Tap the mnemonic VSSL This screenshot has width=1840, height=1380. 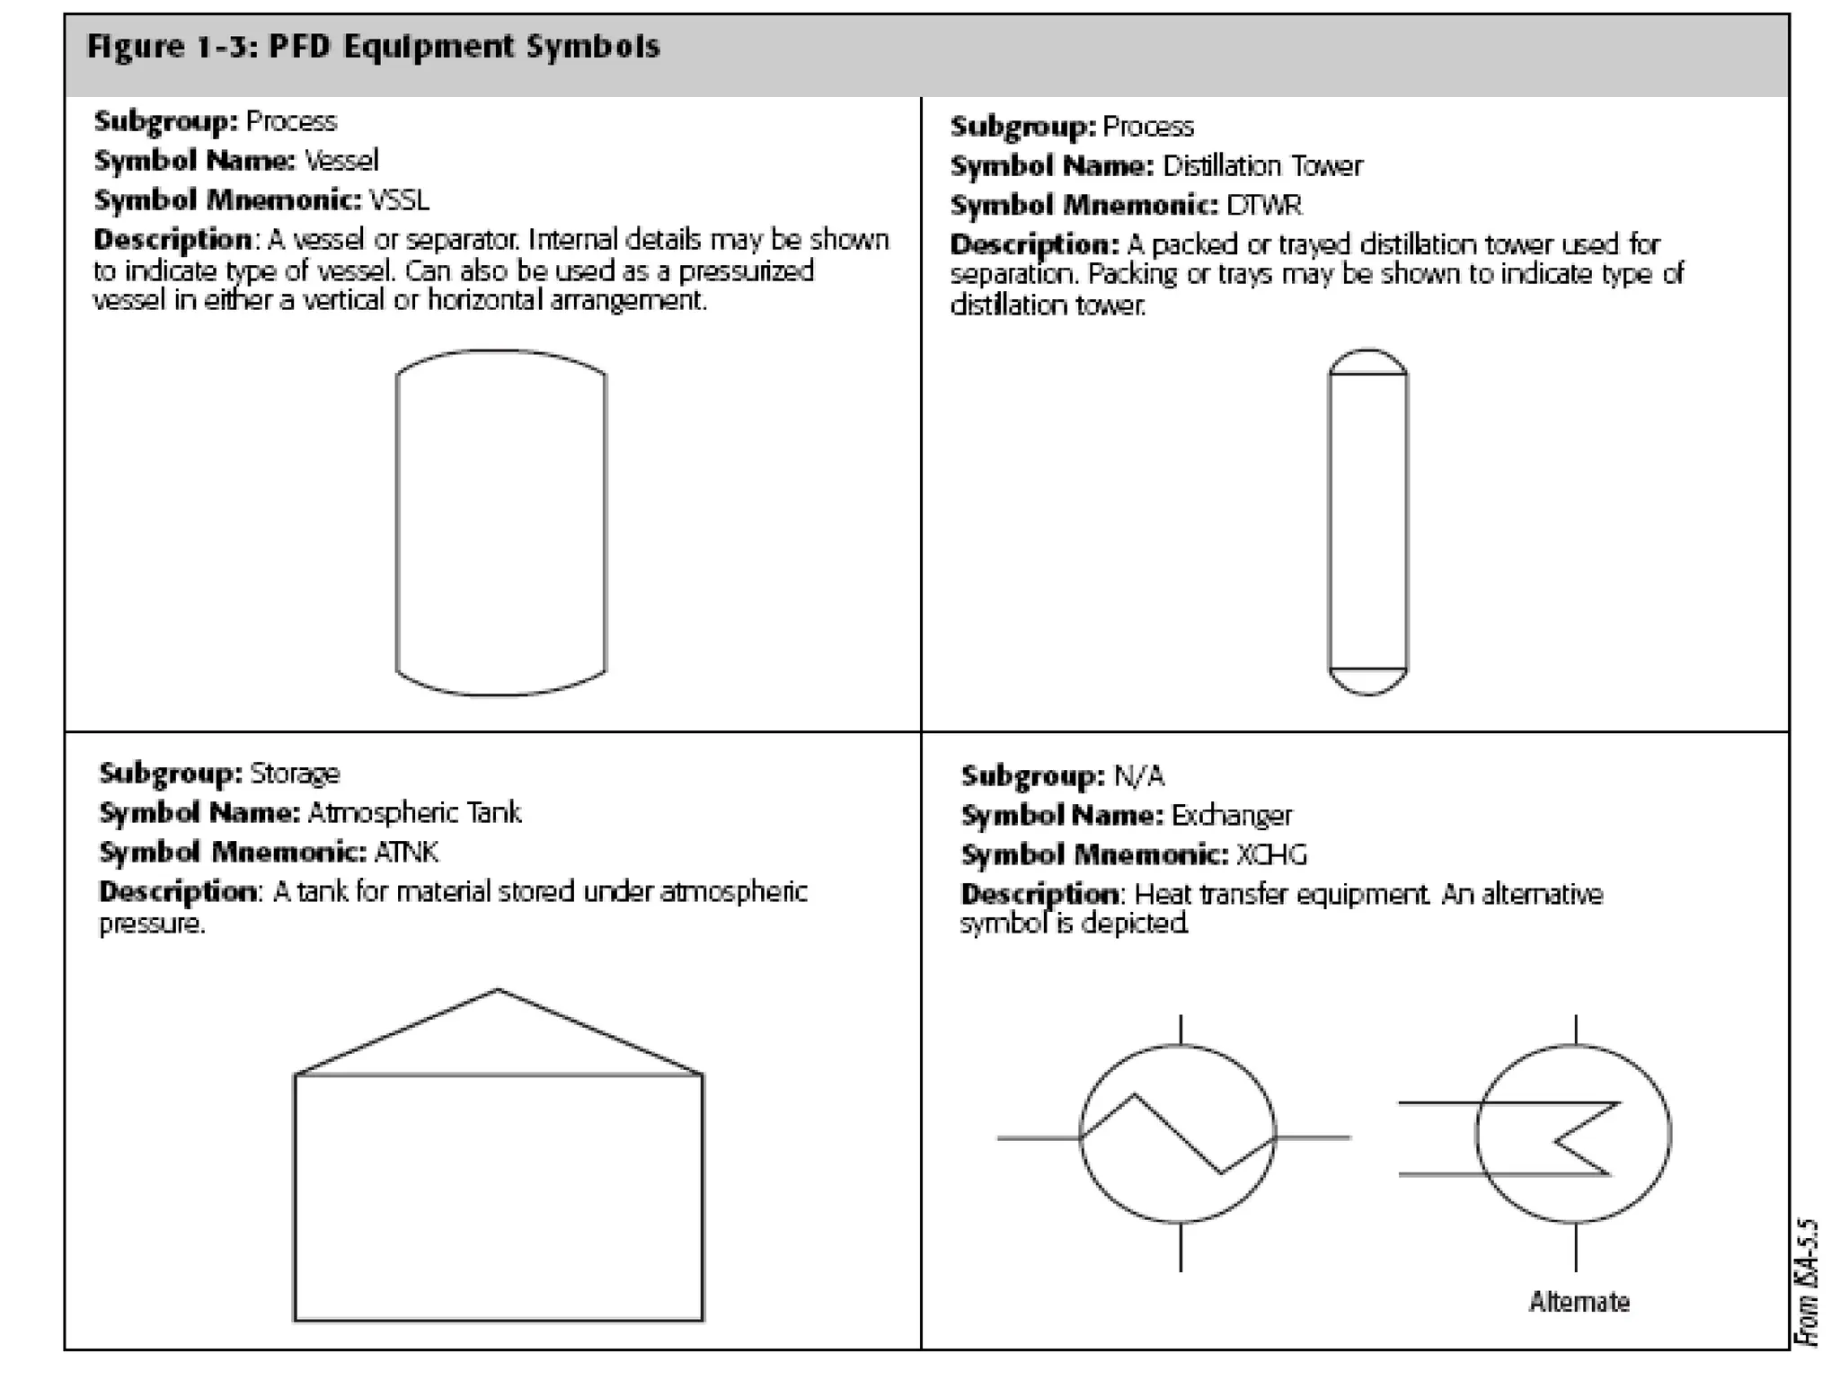coord(399,199)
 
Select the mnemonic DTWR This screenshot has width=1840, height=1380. coord(1263,206)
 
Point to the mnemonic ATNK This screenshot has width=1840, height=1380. coord(405,852)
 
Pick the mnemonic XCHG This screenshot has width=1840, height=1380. coord(1270,854)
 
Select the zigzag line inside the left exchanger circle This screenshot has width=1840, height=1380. coord(1177,1134)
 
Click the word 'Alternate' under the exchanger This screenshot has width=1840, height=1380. coord(1579,1302)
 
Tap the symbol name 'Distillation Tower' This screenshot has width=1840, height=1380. coord(1262,166)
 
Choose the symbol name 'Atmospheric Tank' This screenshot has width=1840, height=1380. coord(414,813)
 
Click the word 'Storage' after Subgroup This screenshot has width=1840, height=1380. coord(295,774)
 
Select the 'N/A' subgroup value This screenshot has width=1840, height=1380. coord(1138,776)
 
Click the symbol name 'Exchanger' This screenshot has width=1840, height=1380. coord(1232,816)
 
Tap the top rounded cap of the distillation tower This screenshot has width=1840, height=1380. coord(1367,361)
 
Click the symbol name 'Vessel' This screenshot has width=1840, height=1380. coord(341,161)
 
